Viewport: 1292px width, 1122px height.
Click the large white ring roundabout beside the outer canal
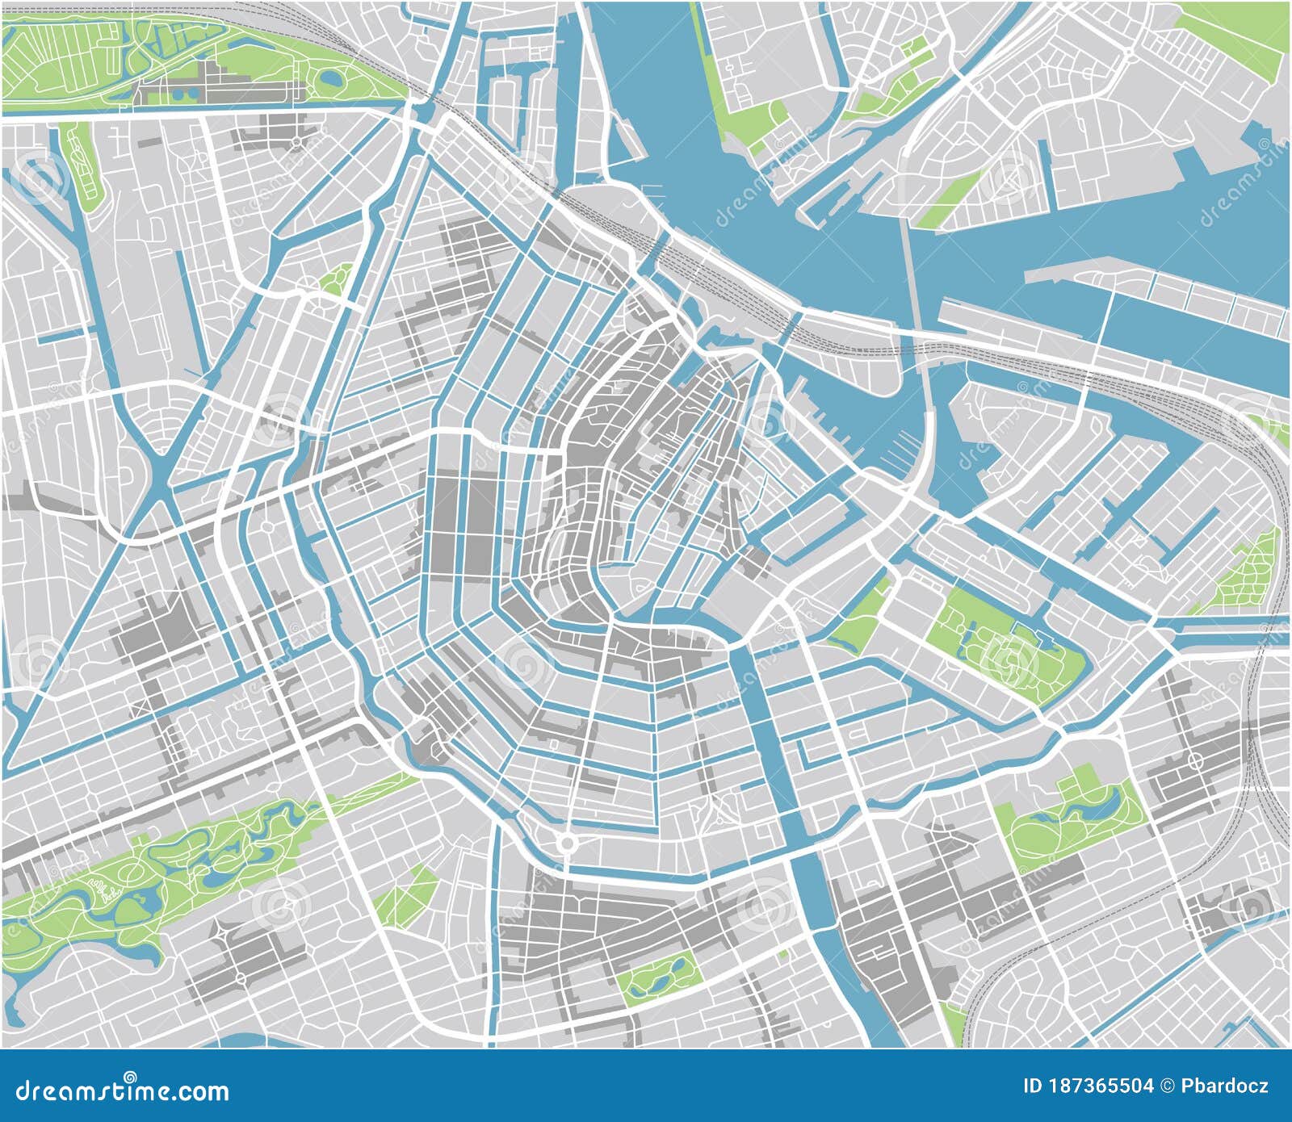pyautogui.click(x=567, y=844)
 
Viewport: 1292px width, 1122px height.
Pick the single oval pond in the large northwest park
pyautogui.click(x=330, y=78)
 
